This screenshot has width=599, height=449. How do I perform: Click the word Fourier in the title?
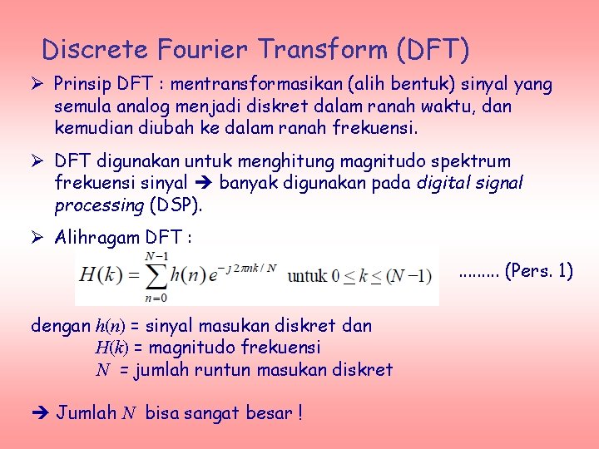[x=209, y=50]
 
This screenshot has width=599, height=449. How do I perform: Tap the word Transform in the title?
[x=324, y=50]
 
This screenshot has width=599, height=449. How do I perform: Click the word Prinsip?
[x=80, y=84]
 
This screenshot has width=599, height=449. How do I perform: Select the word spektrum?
[x=476, y=160]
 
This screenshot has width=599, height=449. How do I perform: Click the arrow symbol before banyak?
[x=203, y=182]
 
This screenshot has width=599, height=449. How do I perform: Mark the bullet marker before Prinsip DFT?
[x=37, y=84]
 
